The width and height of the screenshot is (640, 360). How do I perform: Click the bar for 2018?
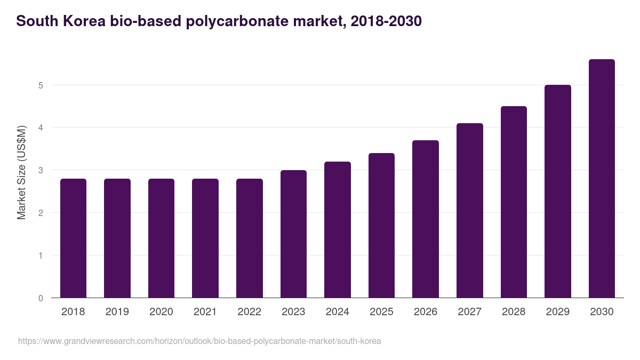[x=73, y=238]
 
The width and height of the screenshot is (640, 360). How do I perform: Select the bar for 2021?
[x=205, y=238]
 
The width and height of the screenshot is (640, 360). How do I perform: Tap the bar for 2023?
[x=293, y=234]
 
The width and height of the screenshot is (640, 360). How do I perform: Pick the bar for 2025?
[x=381, y=226]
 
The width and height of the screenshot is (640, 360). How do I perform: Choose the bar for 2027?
[x=470, y=211]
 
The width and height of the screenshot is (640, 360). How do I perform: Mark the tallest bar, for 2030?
[x=602, y=179]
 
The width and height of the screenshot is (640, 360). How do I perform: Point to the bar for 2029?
[x=558, y=191]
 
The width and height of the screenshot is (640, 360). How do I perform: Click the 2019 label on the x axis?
[x=117, y=312]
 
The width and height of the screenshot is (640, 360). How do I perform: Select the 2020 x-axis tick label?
[x=161, y=312]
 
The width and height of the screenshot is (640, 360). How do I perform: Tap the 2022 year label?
[x=249, y=312]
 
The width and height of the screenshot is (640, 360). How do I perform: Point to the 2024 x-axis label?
[x=338, y=312]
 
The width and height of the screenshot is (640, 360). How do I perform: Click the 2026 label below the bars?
[x=426, y=312]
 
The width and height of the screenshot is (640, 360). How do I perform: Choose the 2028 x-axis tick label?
[x=514, y=312]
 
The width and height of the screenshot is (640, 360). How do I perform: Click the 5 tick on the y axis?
[x=41, y=85]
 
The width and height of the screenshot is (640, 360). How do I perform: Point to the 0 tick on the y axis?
[x=41, y=298]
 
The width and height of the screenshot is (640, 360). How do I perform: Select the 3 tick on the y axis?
[x=41, y=171]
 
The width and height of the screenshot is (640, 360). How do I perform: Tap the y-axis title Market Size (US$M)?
[x=21, y=172]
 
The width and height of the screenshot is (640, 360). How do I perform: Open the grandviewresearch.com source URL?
[x=199, y=341]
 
